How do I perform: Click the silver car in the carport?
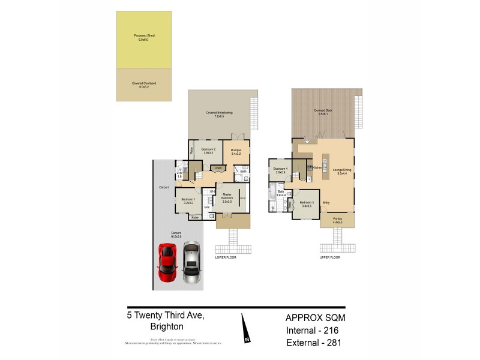tap(191, 263)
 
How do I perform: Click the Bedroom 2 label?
tap(208, 151)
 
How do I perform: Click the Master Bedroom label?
tap(227, 197)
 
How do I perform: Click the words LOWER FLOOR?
tap(227, 257)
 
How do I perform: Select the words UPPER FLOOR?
tap(330, 257)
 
